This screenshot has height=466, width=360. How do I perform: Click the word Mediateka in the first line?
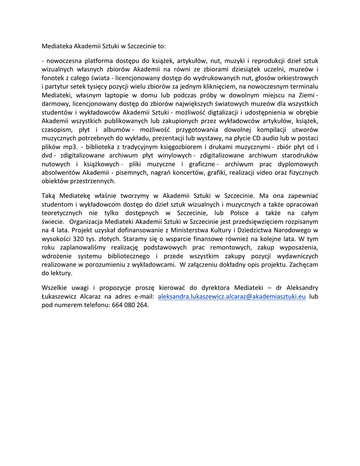[x=57, y=46]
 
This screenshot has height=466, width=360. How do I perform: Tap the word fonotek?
[x=52, y=77]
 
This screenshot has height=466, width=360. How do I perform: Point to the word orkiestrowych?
[x=295, y=77]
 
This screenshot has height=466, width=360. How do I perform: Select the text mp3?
[x=68, y=147]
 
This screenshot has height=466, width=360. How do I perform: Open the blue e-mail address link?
[x=232, y=297]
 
